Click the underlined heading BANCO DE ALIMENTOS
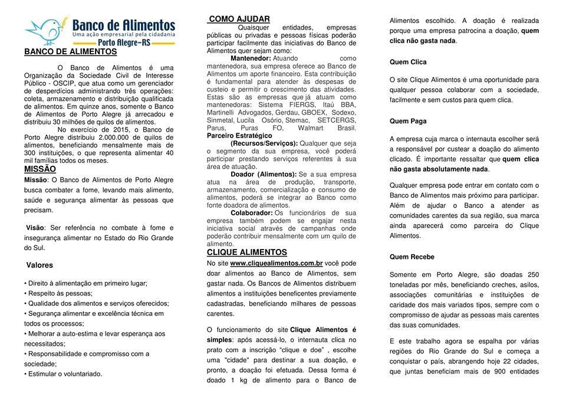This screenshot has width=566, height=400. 70,52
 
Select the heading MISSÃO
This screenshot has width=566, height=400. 40,169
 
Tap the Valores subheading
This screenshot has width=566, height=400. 40,265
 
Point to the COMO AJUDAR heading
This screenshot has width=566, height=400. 239,19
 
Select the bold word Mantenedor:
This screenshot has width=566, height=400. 251,58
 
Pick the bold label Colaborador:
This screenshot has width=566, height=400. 251,212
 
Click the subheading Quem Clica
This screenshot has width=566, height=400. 408,62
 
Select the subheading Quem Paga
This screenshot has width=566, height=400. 408,121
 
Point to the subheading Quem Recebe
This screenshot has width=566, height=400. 412,257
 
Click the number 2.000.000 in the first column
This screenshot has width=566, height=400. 111,137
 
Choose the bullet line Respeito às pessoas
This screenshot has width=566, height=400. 60,293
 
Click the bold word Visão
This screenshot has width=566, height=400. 35,228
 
